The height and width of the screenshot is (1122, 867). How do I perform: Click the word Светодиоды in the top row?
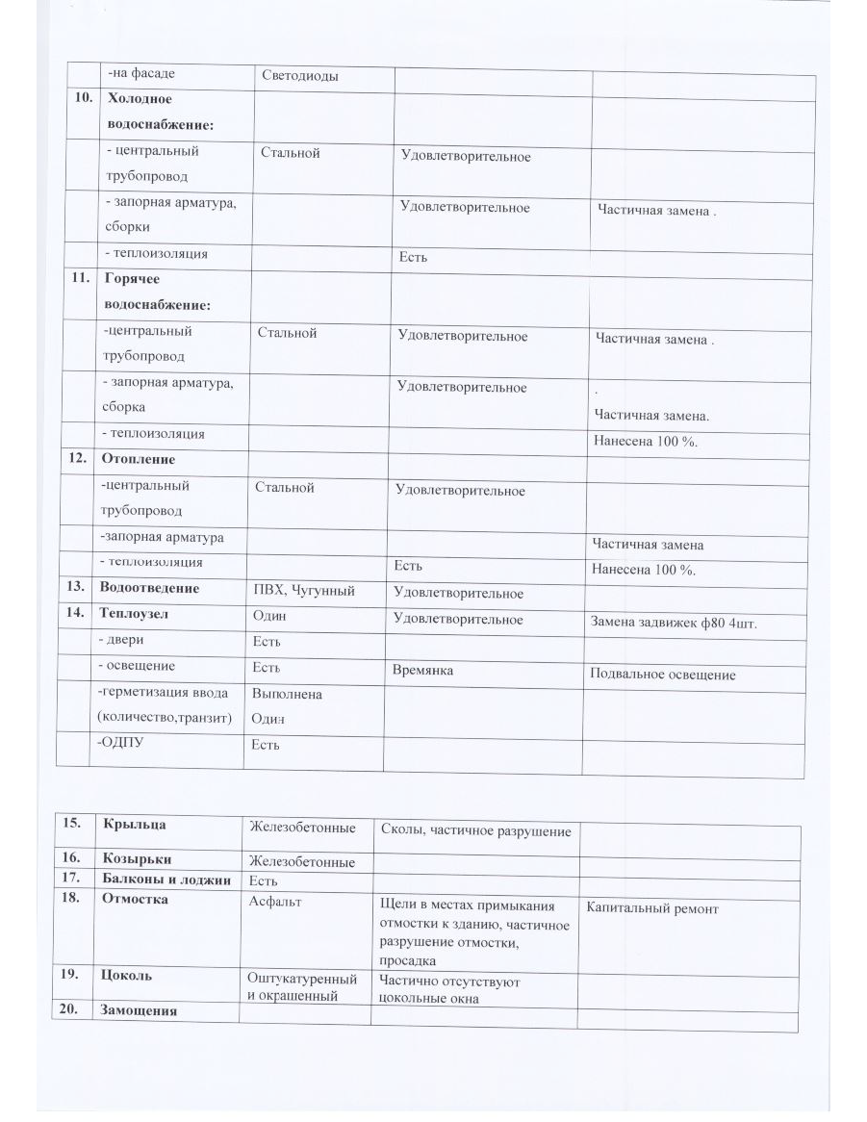point(300,76)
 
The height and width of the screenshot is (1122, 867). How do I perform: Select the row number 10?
point(83,99)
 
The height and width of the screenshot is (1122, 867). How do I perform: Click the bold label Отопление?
point(138,459)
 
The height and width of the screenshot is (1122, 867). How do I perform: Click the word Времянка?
point(422,669)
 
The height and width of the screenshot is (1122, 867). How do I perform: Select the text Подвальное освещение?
point(663,675)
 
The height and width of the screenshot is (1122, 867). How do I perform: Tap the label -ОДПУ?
point(119,743)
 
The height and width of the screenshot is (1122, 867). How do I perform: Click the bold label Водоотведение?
point(149,588)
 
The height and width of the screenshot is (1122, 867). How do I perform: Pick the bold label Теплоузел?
point(137,615)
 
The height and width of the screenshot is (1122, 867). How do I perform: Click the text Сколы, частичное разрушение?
point(476,831)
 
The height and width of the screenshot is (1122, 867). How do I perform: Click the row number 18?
point(68,899)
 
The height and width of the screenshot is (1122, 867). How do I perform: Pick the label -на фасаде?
point(140,73)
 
